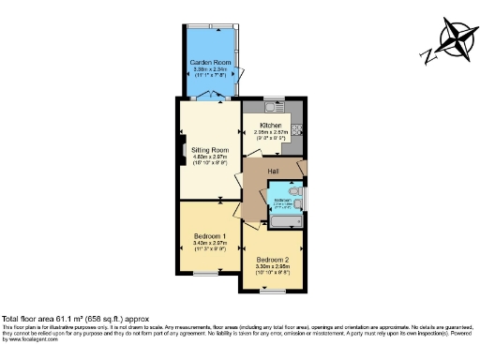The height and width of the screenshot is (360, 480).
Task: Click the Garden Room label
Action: [209, 62]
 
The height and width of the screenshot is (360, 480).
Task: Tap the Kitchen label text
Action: [271, 125]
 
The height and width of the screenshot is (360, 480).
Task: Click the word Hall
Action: [274, 171]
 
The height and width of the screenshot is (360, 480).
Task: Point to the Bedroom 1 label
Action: [210, 235]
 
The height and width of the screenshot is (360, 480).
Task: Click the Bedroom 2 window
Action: [273, 290]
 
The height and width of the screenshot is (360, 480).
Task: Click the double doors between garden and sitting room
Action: [215, 96]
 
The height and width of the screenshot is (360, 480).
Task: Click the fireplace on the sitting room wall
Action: [181, 150]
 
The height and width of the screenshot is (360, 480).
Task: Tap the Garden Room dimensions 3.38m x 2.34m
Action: [209, 68]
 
